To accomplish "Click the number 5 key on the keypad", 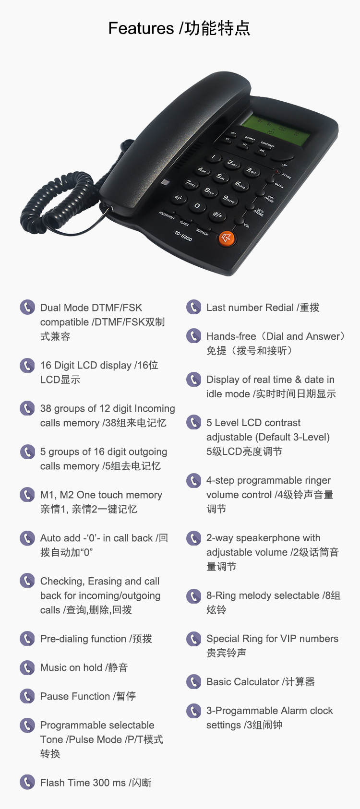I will [221, 177].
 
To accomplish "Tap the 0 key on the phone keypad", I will [197, 205].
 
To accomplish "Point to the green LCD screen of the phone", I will [275, 129].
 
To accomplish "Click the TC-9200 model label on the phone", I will [183, 236].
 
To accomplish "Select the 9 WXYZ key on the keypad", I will [228, 198].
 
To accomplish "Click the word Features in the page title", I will [141, 28].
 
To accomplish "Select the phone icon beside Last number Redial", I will [193, 307].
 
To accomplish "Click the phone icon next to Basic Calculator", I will [193, 681].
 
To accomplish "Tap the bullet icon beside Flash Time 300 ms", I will [27, 782].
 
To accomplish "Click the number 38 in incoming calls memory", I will [46, 408].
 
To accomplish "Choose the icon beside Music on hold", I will [27, 667].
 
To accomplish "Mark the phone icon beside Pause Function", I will [27, 696].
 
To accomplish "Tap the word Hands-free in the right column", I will [231, 336].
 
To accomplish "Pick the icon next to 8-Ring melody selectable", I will [193, 596].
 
